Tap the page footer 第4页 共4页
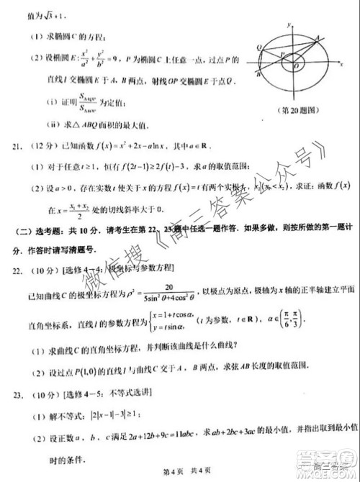[180, 471]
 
